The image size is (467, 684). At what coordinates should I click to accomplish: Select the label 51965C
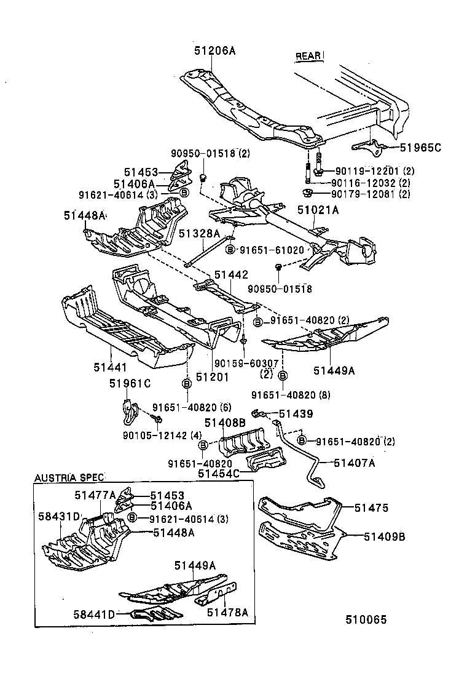tap(420, 148)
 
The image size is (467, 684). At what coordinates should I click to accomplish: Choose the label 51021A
tap(318, 210)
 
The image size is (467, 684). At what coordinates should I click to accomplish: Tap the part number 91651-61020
tap(272, 250)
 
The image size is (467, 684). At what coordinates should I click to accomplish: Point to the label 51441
tap(110, 367)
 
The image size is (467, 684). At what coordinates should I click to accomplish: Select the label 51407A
tap(354, 463)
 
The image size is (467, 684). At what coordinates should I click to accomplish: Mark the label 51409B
tap(384, 536)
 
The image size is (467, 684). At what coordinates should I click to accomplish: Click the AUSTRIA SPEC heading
tap(69, 477)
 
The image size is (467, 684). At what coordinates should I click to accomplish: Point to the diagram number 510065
tap(365, 619)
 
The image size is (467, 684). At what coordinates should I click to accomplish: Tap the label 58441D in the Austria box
tap(94, 614)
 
